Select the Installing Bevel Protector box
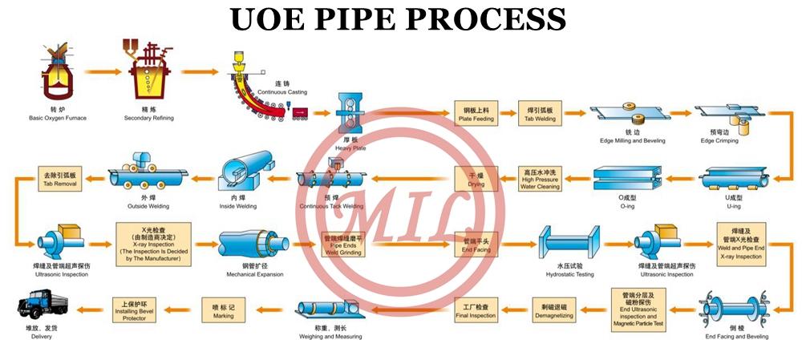click(x=134, y=306)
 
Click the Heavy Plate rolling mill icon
click(x=350, y=117)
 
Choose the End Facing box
click(x=476, y=242)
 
